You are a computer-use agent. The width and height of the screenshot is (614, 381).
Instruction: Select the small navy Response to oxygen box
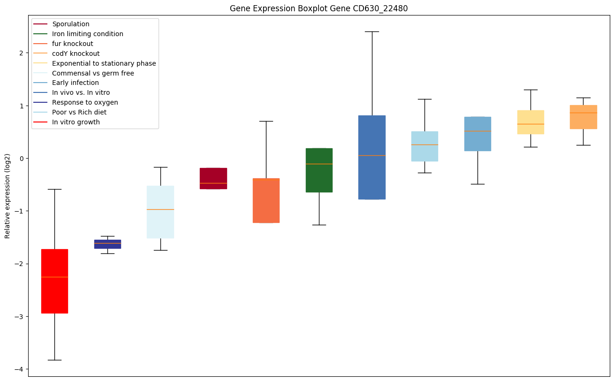[x=107, y=244]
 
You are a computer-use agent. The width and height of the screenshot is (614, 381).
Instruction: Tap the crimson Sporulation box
[x=213, y=178]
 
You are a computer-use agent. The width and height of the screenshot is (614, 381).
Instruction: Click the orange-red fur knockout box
[x=266, y=200]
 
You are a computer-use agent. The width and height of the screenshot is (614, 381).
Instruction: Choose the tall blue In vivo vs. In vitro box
[x=371, y=157]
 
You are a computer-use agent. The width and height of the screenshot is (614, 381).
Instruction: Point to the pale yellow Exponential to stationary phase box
[x=531, y=122]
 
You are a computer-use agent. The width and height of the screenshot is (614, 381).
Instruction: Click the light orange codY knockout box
[x=583, y=117]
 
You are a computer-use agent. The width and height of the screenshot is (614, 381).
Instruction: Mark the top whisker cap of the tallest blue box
[x=371, y=31]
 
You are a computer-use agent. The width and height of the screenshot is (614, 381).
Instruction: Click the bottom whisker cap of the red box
[x=54, y=360]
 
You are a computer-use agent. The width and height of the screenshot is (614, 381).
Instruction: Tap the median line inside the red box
[x=54, y=277]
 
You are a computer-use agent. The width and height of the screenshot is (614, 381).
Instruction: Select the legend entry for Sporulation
[x=71, y=24]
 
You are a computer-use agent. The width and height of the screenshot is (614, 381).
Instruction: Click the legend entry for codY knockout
[x=76, y=53]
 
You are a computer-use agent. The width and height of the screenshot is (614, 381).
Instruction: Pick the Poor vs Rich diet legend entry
[x=79, y=113]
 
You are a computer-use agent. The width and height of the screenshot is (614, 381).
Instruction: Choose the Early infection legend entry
[x=76, y=83]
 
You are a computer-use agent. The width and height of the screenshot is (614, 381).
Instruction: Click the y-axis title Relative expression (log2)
[x=8, y=196]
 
